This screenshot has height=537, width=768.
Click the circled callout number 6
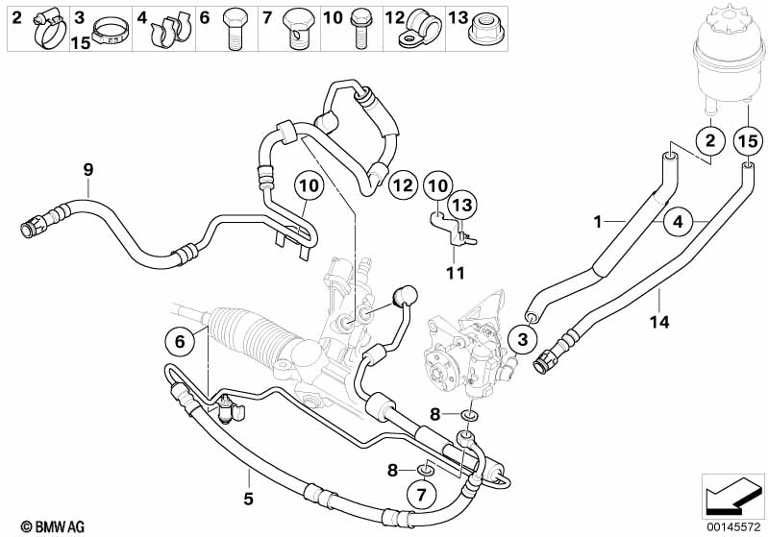[x=178, y=340]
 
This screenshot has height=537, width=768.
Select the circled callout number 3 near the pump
[x=523, y=339]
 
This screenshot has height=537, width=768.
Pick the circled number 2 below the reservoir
[x=709, y=142]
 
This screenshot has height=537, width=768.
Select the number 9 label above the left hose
[x=87, y=170]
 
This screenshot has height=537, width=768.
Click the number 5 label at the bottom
[x=248, y=500]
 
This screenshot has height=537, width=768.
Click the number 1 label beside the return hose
[x=598, y=222]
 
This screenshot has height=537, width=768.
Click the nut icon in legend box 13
[x=484, y=31]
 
